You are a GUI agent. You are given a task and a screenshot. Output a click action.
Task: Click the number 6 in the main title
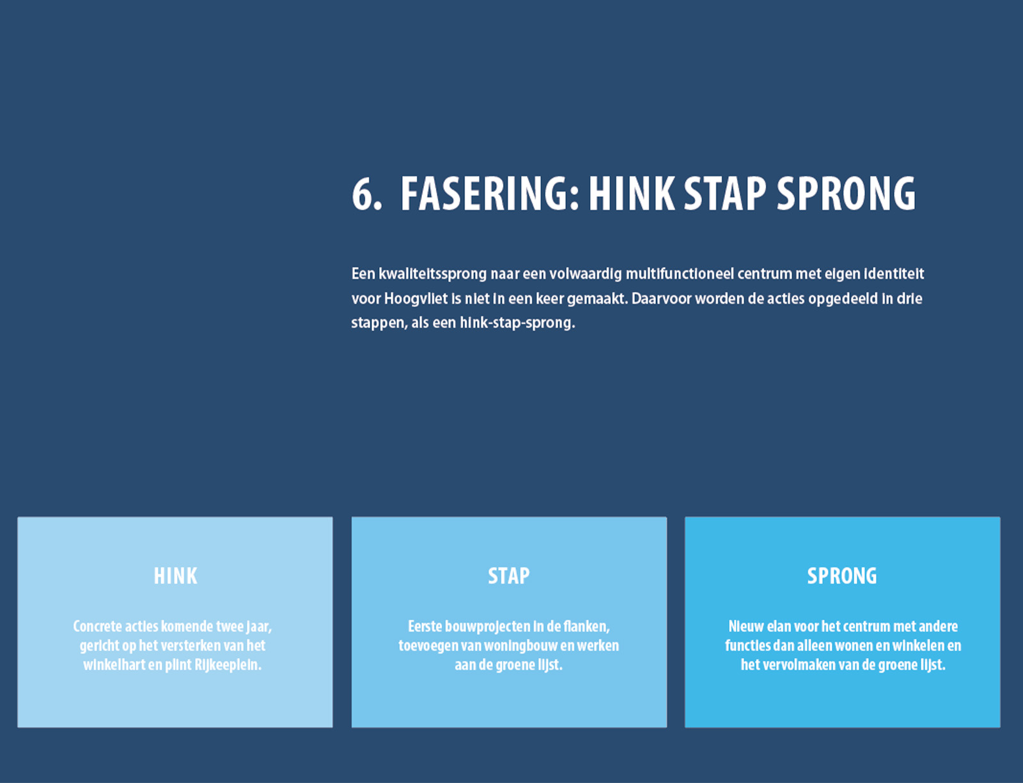click(363, 194)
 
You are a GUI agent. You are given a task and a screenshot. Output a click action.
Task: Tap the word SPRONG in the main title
click(846, 194)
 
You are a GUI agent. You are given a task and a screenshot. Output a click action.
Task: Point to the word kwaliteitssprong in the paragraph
click(433, 274)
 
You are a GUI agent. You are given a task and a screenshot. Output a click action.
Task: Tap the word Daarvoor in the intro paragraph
click(661, 298)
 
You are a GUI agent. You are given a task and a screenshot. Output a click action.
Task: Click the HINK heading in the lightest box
click(176, 576)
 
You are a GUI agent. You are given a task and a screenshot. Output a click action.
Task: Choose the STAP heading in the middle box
click(509, 576)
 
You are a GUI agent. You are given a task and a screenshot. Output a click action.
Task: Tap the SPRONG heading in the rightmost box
click(842, 576)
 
